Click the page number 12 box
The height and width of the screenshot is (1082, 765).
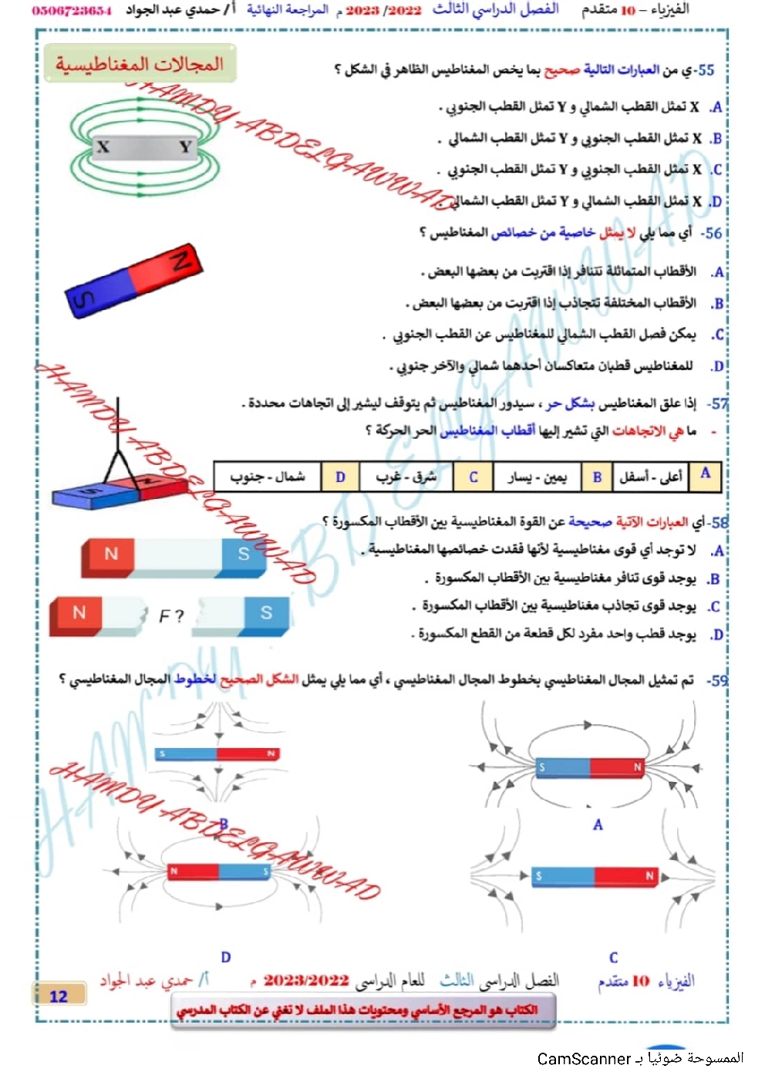(59, 996)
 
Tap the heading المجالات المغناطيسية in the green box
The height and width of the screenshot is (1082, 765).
(140, 64)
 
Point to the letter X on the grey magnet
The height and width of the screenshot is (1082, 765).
(103, 147)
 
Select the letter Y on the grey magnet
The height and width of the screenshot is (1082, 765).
(185, 147)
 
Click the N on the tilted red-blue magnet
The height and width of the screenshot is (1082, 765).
(182, 260)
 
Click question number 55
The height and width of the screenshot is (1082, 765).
(706, 70)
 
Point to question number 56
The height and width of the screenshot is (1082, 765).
(712, 233)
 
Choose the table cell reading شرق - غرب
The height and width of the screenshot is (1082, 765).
(406, 477)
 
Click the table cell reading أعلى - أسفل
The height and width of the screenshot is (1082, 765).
(651, 477)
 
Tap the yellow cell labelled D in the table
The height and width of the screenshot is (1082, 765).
(340, 477)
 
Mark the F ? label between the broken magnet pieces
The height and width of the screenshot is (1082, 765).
(171, 615)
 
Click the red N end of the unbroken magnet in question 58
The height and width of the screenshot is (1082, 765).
(111, 554)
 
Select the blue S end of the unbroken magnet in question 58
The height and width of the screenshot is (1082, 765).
(243, 554)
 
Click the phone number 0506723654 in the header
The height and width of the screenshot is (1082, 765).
(72, 11)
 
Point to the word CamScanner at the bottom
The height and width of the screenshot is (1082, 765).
(584, 1059)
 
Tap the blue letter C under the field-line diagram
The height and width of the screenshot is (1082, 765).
(613, 958)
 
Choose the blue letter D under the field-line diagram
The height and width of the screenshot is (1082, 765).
(226, 957)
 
